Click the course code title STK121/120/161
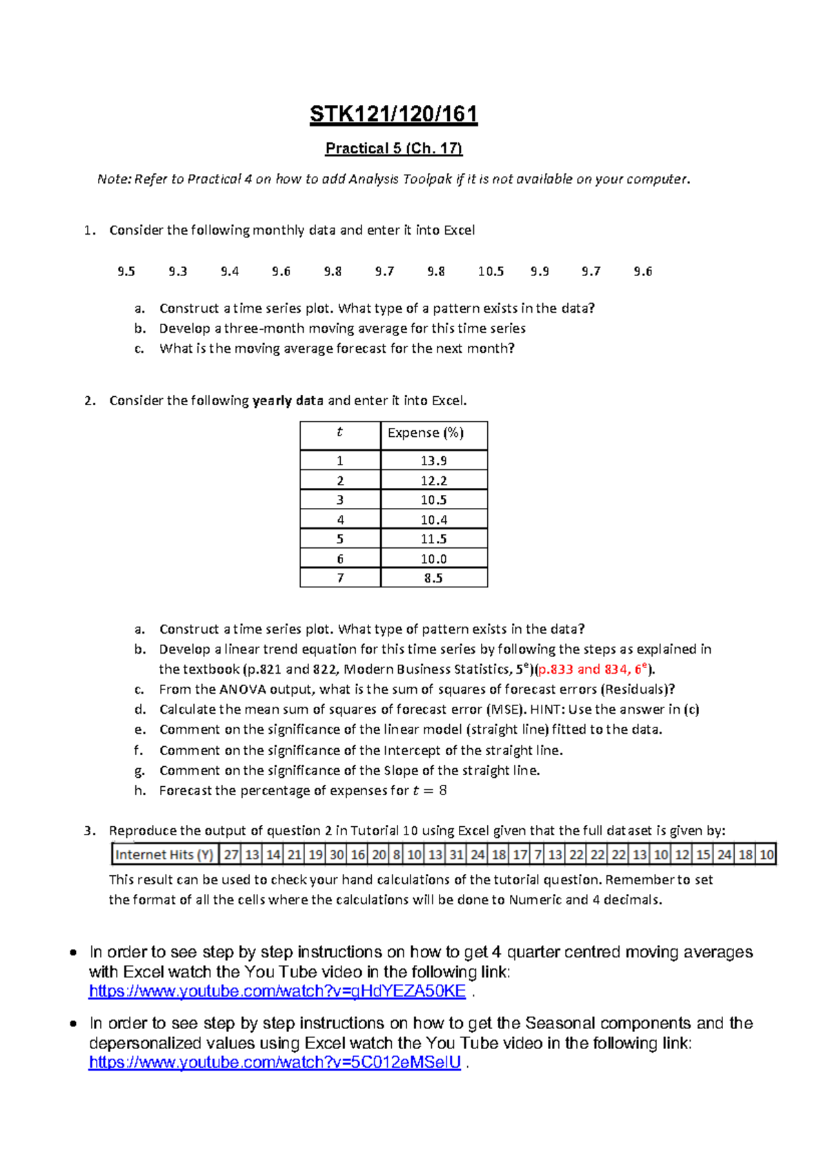[393, 114]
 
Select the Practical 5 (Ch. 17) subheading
[393, 148]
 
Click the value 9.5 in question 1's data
[126, 271]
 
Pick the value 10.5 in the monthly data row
[491, 271]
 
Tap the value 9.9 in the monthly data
[540, 271]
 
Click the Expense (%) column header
[426, 433]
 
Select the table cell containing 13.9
[433, 460]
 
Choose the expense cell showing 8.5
[433, 578]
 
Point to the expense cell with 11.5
[433, 539]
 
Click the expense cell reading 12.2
[433, 480]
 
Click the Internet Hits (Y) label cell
[164, 854]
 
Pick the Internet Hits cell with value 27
[231, 854]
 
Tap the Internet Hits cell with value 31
[456, 854]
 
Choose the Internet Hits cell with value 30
[337, 854]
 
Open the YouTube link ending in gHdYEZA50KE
[277, 991]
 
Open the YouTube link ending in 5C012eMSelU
[275, 1062]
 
